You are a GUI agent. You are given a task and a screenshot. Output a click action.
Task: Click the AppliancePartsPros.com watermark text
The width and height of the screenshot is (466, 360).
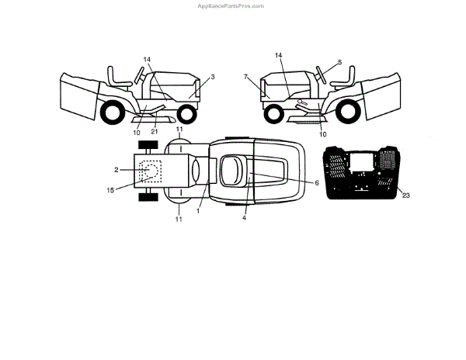pyautogui.click(x=231, y=5)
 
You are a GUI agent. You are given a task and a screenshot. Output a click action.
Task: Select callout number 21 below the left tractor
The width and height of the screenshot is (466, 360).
pyautogui.click(x=155, y=132)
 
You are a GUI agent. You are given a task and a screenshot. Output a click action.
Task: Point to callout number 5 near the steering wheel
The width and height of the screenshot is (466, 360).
pyautogui.click(x=339, y=61)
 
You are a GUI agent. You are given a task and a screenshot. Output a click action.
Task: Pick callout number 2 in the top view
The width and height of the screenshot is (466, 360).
pyautogui.click(x=116, y=169)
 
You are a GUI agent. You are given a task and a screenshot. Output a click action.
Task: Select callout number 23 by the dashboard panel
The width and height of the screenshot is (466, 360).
pyautogui.click(x=406, y=195)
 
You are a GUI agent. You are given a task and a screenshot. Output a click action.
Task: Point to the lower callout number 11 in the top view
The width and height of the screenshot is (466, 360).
pyautogui.click(x=179, y=220)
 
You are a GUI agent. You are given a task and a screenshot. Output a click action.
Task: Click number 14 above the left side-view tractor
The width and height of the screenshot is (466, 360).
pyautogui.click(x=148, y=59)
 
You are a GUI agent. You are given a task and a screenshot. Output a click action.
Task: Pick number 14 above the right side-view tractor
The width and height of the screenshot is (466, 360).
pyautogui.click(x=279, y=56)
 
